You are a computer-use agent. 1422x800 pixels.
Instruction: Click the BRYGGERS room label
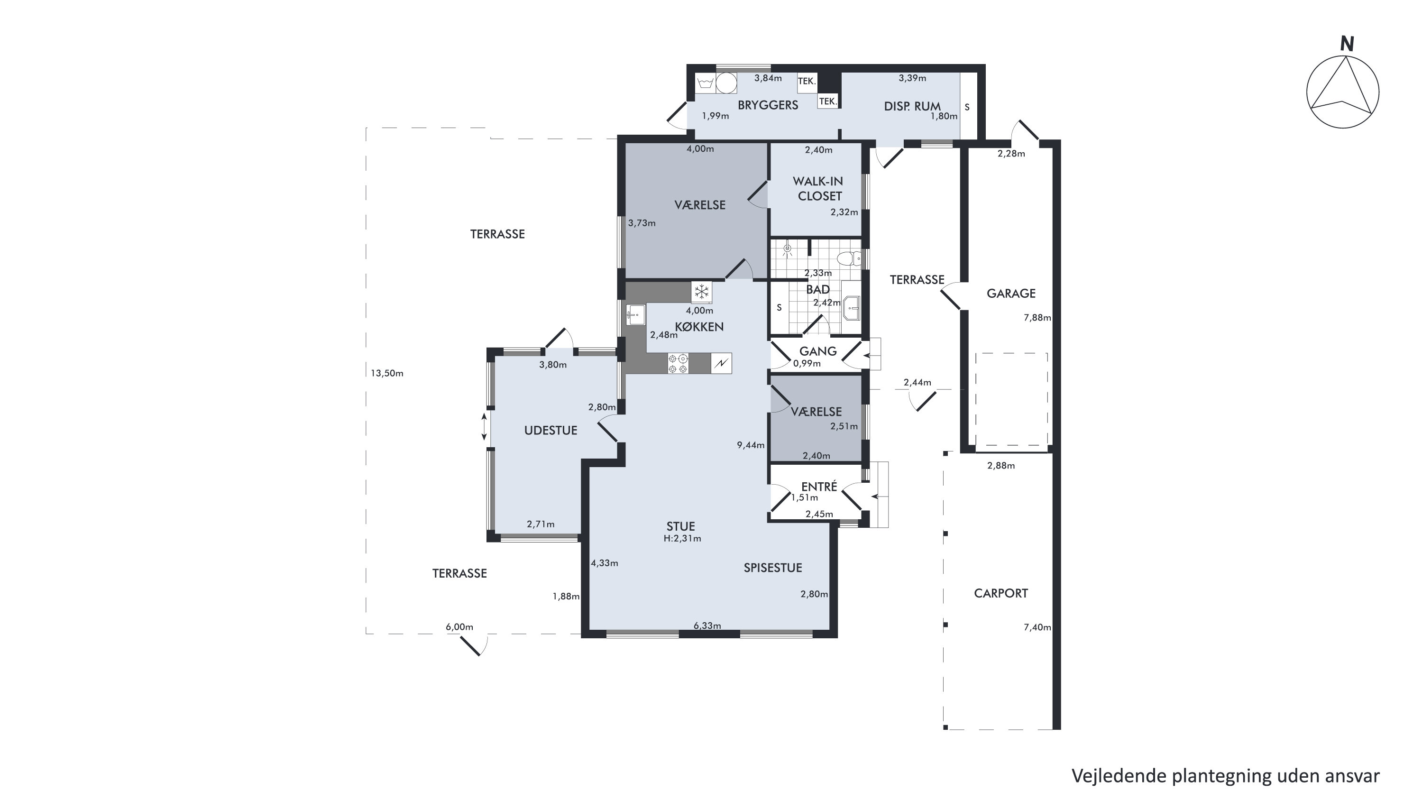tap(768, 105)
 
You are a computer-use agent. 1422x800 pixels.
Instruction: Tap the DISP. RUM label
tap(912, 107)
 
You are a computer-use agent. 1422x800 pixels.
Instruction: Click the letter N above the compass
tap(1348, 44)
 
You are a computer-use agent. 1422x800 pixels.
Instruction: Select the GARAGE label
tap(1011, 294)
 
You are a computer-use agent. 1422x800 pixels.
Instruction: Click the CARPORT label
tap(1001, 594)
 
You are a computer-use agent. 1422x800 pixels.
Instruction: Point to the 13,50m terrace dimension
tap(387, 373)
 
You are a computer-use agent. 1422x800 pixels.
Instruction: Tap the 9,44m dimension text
tap(751, 445)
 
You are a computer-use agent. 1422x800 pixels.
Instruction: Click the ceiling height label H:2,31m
tap(682, 538)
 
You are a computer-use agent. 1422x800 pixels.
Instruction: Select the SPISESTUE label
tap(773, 568)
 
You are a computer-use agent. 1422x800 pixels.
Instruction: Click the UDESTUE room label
tap(550, 431)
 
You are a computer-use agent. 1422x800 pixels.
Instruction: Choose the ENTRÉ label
tap(819, 487)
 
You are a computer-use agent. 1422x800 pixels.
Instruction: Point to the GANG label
tap(818, 351)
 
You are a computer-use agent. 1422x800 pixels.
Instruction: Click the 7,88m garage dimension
tap(1037, 317)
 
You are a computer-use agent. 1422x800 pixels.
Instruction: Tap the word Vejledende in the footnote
tap(1119, 776)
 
